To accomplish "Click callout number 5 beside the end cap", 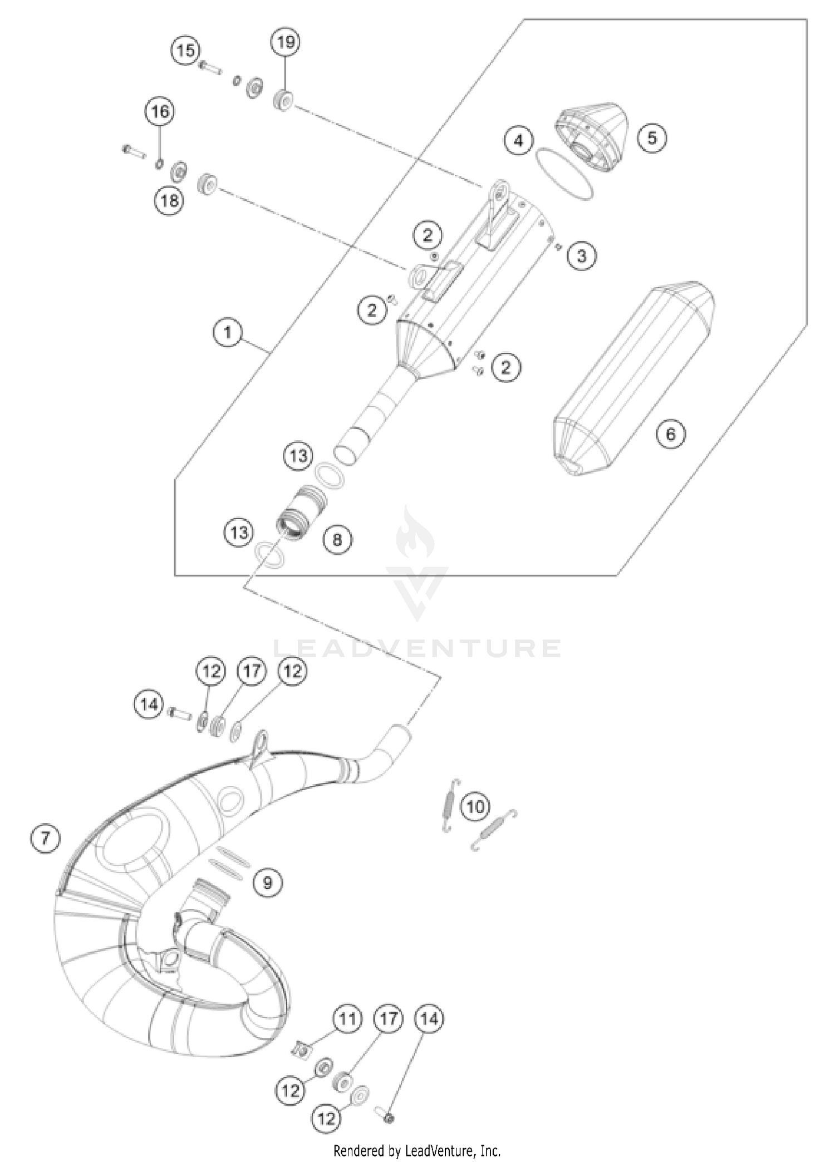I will (x=652, y=137).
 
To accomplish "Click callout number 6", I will (x=670, y=434).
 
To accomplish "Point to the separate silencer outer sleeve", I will (x=635, y=381).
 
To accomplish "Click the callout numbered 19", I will (x=286, y=42).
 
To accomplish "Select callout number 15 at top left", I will (x=185, y=51).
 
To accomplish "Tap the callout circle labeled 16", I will (x=160, y=111).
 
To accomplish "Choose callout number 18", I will (x=169, y=200).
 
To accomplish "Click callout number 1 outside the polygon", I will (x=227, y=333).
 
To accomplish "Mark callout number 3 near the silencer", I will (x=582, y=255).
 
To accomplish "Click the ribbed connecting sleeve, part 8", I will (x=301, y=510).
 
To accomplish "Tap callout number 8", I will (x=338, y=539).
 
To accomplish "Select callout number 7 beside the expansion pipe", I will (x=45, y=837).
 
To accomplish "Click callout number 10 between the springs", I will (x=475, y=806).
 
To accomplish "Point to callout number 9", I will (x=268, y=882).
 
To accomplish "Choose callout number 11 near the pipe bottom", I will (x=347, y=1019).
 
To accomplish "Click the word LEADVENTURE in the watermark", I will (x=417, y=648).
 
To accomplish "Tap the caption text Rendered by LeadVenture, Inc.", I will (x=417, y=1150).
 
